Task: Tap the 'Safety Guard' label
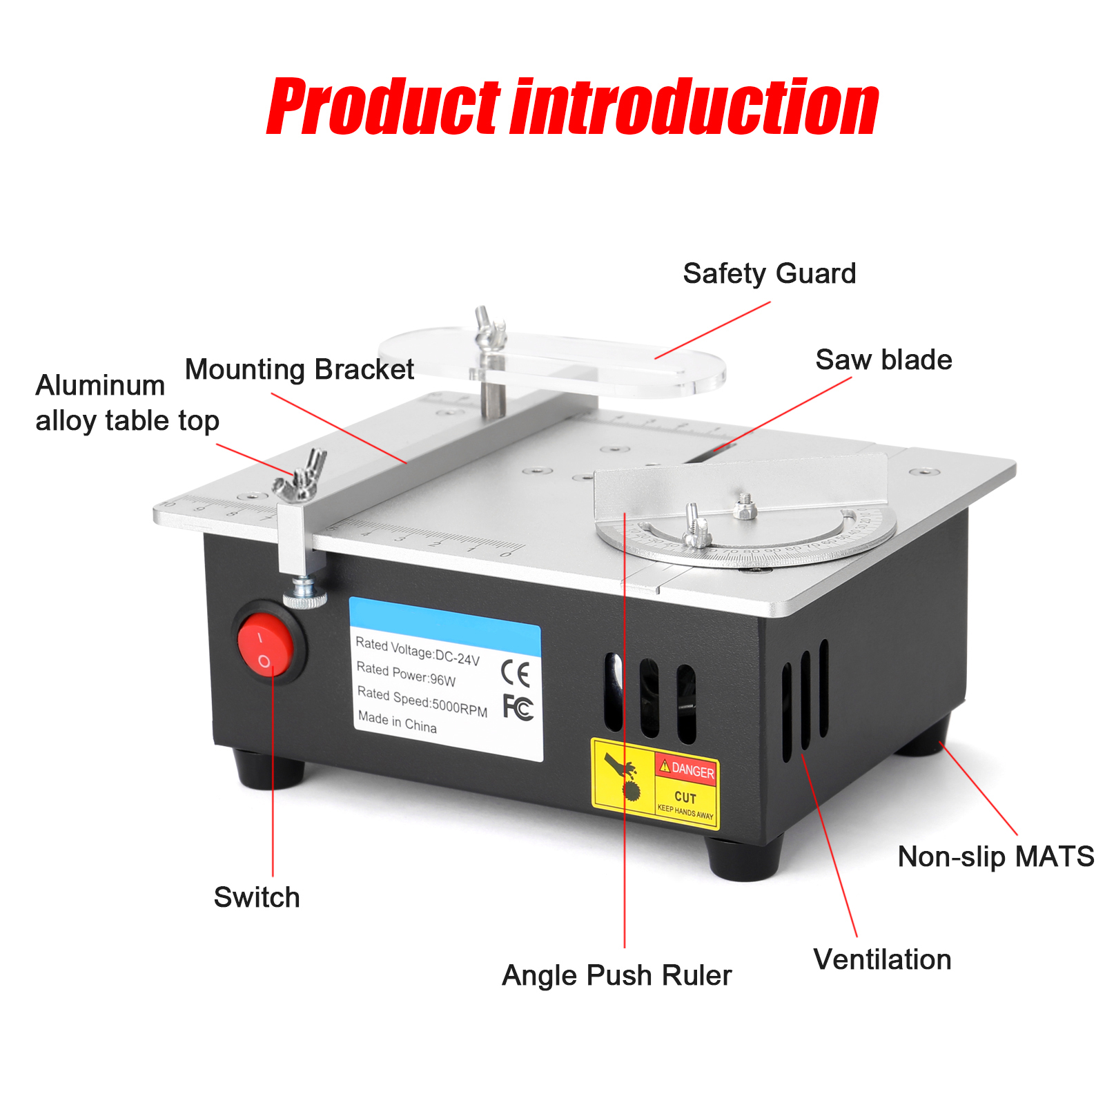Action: (769, 274)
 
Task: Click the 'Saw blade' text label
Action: (883, 360)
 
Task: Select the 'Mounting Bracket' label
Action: (299, 370)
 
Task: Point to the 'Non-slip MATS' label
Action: (995, 857)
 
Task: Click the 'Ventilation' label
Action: (881, 960)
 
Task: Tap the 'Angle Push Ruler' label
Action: (616, 976)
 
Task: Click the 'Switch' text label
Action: (256, 898)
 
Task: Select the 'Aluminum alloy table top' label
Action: (127, 403)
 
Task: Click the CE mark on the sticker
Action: (515, 674)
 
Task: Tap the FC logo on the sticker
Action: (518, 707)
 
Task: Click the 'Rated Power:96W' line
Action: (406, 674)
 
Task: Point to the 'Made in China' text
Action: (397, 722)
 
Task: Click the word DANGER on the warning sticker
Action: (692, 770)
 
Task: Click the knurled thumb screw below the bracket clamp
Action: (304, 594)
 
